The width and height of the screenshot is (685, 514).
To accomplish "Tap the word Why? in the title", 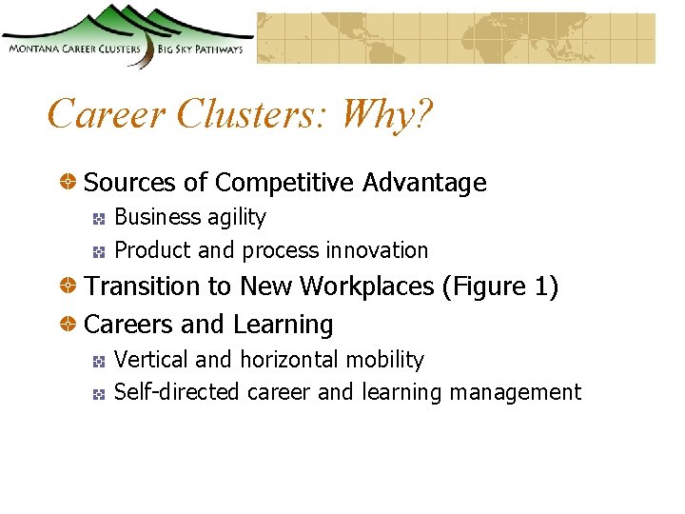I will tap(387, 114).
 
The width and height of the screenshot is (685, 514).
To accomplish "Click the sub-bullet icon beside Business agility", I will tap(98, 219).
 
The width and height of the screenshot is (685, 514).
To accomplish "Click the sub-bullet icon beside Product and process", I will tap(98, 252).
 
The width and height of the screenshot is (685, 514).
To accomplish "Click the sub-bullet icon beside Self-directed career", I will tap(98, 394).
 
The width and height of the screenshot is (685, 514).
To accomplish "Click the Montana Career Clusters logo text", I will tap(73, 49).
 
